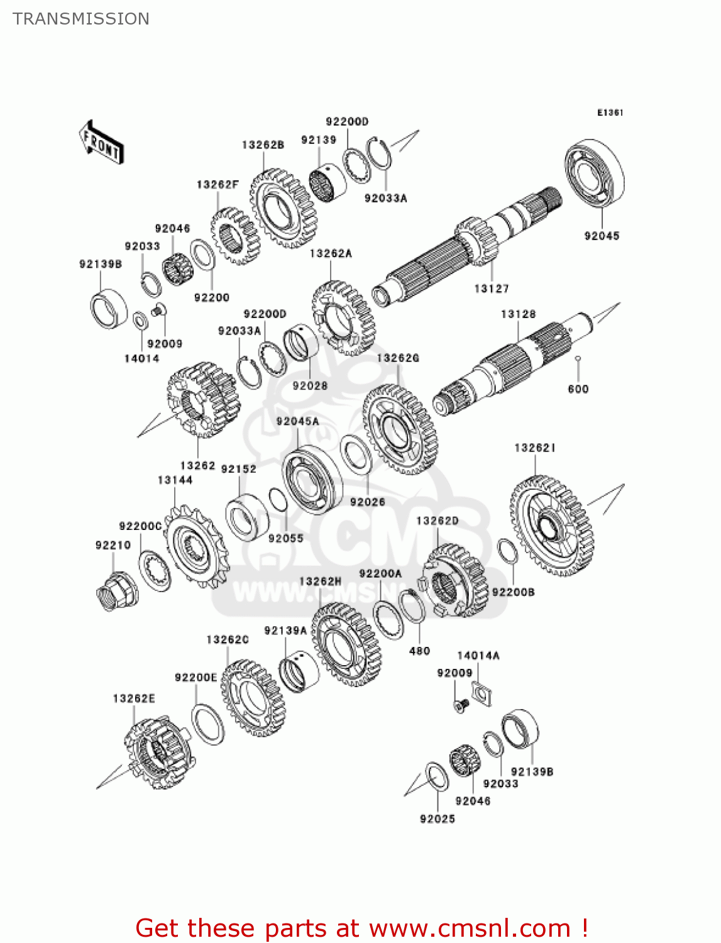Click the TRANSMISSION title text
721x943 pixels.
tap(81, 19)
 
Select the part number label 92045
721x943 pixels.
tap(602, 236)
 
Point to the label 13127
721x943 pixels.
tap(491, 289)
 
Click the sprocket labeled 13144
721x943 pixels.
tap(195, 546)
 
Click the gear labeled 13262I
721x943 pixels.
tap(551, 526)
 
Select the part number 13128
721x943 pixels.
tap(518, 314)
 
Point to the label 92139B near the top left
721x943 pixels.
tap(101, 264)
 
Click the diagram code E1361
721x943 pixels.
tap(610, 113)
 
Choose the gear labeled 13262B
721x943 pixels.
tap(282, 207)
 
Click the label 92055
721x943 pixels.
tap(285, 538)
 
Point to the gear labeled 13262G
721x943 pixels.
tap(399, 429)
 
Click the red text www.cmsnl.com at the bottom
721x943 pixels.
tap(470, 928)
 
